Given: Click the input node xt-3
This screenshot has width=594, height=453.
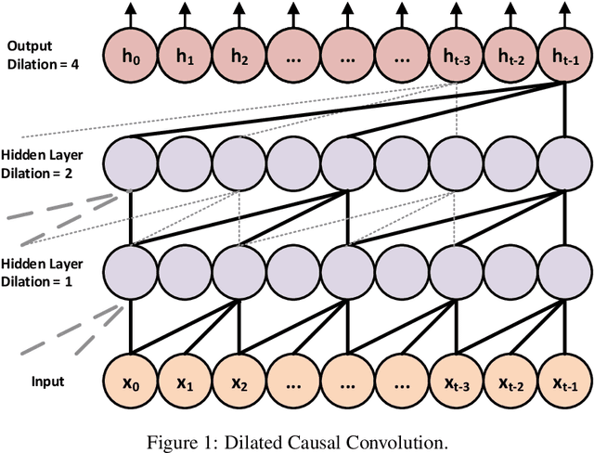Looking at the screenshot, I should tap(455, 382).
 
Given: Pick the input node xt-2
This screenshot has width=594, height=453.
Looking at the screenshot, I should tap(510, 382).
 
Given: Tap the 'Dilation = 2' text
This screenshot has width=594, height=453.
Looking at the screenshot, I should tap(43, 173).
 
